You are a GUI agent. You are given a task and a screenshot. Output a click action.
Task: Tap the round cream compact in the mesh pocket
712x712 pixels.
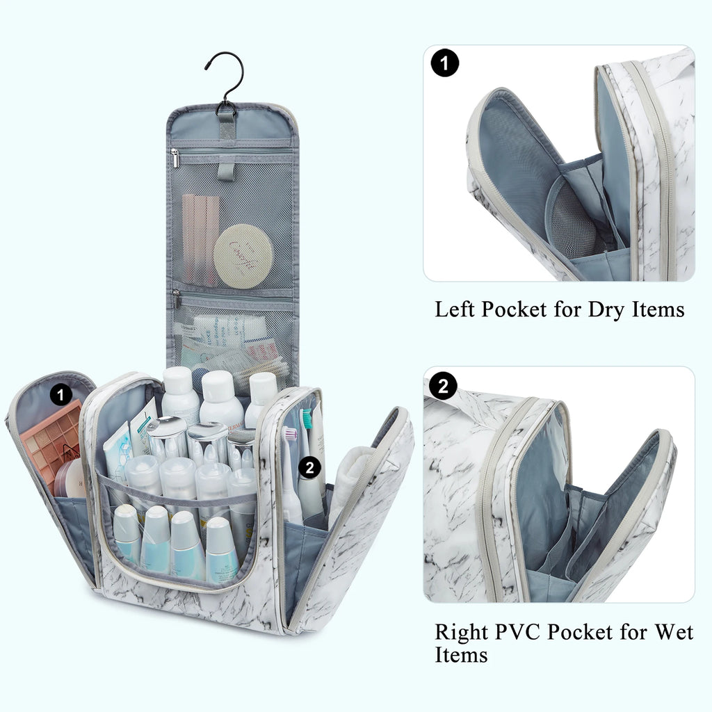pos(243,256)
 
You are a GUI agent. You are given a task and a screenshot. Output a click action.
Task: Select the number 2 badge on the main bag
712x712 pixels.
pos(310,467)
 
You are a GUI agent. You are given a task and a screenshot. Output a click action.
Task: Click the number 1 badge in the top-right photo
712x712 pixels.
pos(445,63)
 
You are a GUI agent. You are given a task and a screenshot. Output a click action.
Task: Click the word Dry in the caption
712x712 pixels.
pos(607,309)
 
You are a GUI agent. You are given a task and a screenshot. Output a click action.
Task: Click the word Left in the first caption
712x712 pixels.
pos(455,309)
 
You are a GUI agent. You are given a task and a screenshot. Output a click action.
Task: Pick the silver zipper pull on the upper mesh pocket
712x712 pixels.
pos(175,159)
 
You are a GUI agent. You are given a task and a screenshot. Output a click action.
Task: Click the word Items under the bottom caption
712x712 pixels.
pos(461,655)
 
